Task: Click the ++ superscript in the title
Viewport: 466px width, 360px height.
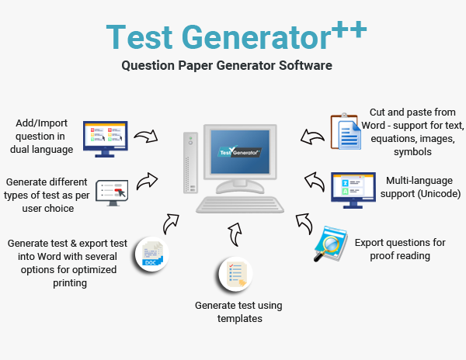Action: click(x=349, y=29)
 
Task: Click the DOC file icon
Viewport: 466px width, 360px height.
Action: click(x=151, y=255)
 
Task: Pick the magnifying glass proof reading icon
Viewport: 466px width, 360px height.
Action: click(x=329, y=244)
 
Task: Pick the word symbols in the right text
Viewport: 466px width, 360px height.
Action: click(x=412, y=152)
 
